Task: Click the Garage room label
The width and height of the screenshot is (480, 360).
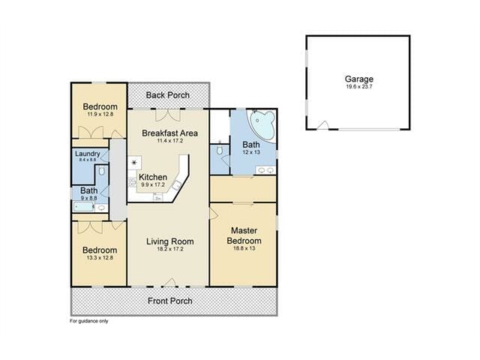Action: pyautogui.click(x=358, y=79)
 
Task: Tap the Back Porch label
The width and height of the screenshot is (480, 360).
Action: pyautogui.click(x=167, y=95)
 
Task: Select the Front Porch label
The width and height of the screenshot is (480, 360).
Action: pyautogui.click(x=170, y=301)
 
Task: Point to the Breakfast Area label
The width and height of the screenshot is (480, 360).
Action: pyautogui.click(x=170, y=133)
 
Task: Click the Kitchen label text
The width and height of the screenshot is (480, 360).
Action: pyautogui.click(x=153, y=177)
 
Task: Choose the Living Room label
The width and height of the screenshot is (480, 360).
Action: pyautogui.click(x=170, y=241)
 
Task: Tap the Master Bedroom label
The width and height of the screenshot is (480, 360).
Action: pyautogui.click(x=244, y=235)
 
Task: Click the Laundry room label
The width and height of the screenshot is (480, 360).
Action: pyautogui.click(x=88, y=154)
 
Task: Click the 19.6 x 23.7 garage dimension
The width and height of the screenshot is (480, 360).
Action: pyautogui.click(x=359, y=87)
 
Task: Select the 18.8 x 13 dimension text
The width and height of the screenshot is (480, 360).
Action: pyautogui.click(x=244, y=248)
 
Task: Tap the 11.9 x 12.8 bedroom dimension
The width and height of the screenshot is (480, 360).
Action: pyautogui.click(x=100, y=114)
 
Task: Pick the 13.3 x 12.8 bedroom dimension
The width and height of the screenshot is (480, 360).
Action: pyautogui.click(x=100, y=258)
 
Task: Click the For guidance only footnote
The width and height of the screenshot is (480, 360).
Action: pyautogui.click(x=88, y=321)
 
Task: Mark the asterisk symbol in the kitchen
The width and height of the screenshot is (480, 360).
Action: pyautogui.click(x=134, y=163)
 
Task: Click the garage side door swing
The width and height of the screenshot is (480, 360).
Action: pyautogui.click(x=322, y=125)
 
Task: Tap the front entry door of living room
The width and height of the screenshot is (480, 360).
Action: pyautogui.click(x=170, y=283)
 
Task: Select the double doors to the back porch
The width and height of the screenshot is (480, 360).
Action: pyautogui.click(x=168, y=115)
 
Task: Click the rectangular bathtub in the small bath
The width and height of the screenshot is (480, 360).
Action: pyautogui.click(x=84, y=207)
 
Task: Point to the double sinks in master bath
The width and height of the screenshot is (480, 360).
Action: pyautogui.click(x=265, y=170)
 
